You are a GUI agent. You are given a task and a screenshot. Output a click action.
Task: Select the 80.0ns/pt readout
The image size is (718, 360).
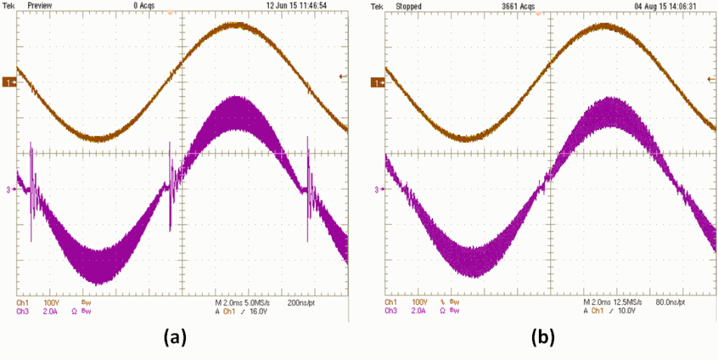pos(670,302)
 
